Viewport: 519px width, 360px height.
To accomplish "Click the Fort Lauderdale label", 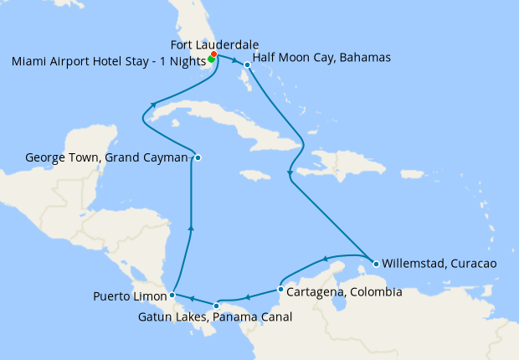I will point(213,44).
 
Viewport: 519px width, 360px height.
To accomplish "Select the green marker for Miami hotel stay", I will point(211,59).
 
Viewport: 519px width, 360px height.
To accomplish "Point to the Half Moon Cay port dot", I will point(247,64).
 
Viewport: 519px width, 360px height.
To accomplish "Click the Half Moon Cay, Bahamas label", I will point(321,58).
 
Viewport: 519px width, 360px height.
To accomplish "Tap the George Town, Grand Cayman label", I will point(106,157).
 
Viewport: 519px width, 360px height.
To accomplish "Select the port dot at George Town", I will point(198,157).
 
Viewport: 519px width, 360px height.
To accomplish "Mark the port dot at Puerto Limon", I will point(172,295).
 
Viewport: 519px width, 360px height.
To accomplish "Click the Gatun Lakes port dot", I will point(217,306).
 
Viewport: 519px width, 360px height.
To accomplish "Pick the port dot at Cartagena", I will point(280,290).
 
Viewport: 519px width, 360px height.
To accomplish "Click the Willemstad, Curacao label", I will point(439,263).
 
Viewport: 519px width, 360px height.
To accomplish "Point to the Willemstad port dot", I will point(376,264).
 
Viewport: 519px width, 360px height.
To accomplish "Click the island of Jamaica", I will point(253,175).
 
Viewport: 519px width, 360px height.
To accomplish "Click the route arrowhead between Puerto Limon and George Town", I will point(192,226).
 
